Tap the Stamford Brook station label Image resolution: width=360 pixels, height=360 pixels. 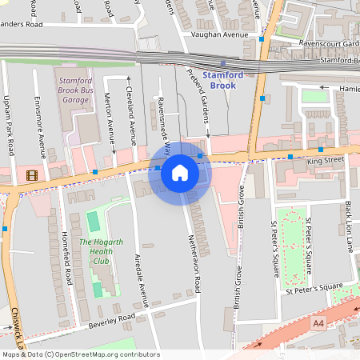(223, 79)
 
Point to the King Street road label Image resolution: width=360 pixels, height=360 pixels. (328, 160)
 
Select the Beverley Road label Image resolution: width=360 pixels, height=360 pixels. (114, 319)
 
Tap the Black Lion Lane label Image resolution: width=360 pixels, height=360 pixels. (349, 227)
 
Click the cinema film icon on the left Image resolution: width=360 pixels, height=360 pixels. (31, 175)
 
